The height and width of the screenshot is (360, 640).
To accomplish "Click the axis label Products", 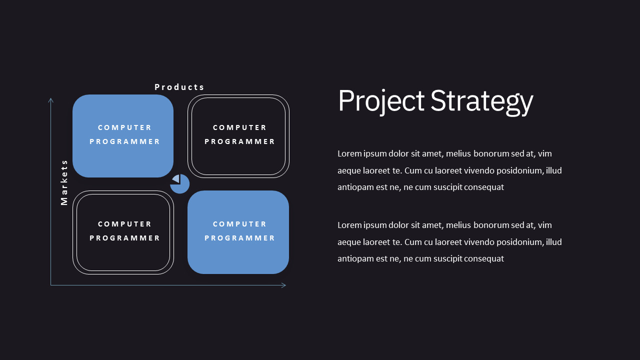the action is click(x=179, y=87).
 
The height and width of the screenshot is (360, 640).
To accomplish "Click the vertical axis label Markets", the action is click(x=64, y=182).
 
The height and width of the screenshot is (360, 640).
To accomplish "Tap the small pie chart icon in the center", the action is click(x=179, y=184).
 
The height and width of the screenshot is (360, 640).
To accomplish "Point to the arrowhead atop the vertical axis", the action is click(x=51, y=100).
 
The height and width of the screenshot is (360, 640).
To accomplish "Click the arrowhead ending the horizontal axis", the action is click(x=283, y=285).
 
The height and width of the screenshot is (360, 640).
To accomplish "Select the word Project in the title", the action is click(x=381, y=101).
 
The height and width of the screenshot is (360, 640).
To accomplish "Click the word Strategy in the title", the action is click(x=481, y=102).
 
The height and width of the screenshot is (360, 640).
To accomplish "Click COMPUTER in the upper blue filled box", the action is click(x=124, y=127).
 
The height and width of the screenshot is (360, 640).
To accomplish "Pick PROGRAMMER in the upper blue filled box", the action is click(x=124, y=141).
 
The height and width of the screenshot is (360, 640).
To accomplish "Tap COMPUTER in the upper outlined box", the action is click(x=239, y=127).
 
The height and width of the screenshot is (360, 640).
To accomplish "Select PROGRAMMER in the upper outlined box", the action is click(x=239, y=141).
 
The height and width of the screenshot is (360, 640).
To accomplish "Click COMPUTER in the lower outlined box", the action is click(x=124, y=224).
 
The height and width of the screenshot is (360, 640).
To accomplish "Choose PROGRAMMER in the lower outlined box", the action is click(x=124, y=238).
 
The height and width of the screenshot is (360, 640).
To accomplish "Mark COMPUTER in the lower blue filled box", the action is click(x=239, y=224).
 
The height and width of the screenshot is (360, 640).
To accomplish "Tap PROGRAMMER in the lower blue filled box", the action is click(x=239, y=238).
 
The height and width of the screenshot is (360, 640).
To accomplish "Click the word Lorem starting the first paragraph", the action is click(x=349, y=153).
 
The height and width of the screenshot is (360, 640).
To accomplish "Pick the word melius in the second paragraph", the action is click(x=458, y=225).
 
